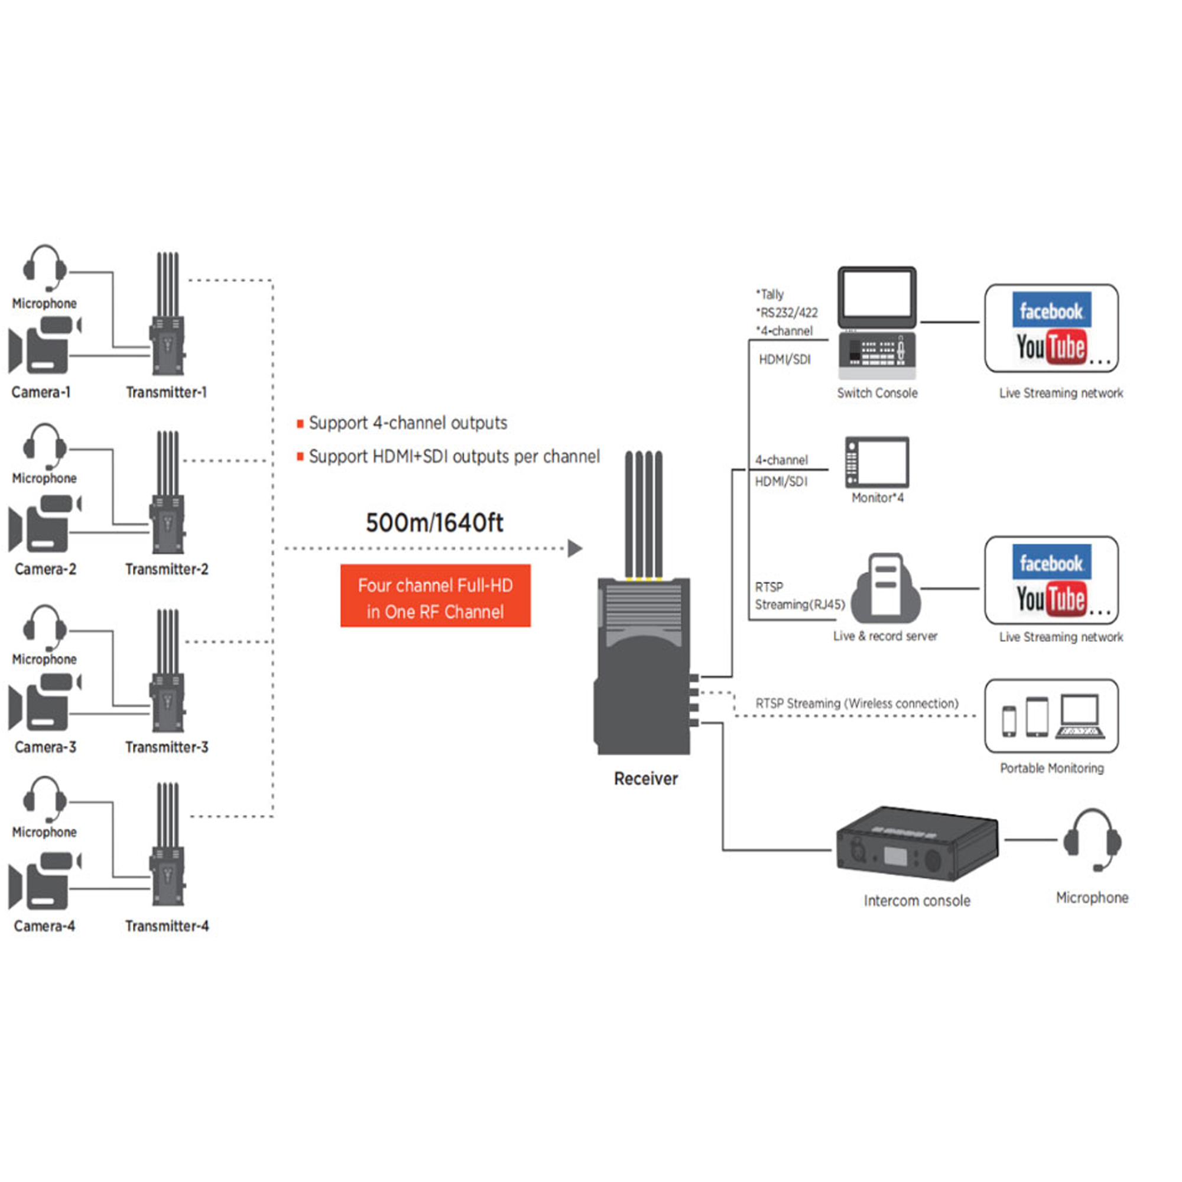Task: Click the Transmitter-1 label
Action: pyautogui.click(x=167, y=392)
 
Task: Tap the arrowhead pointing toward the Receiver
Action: pyautogui.click(x=574, y=548)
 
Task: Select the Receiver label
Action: pyautogui.click(x=645, y=779)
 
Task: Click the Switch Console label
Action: pyautogui.click(x=876, y=394)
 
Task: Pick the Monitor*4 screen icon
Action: pyautogui.click(x=876, y=463)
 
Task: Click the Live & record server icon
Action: pyautogui.click(x=885, y=589)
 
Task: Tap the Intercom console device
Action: pyautogui.click(x=916, y=845)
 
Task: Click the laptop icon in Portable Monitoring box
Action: pyautogui.click(x=1080, y=716)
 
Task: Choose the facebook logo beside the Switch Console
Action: pyautogui.click(x=1051, y=311)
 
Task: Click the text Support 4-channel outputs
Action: pyautogui.click(x=407, y=423)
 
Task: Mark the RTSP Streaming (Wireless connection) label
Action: pyautogui.click(x=856, y=703)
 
